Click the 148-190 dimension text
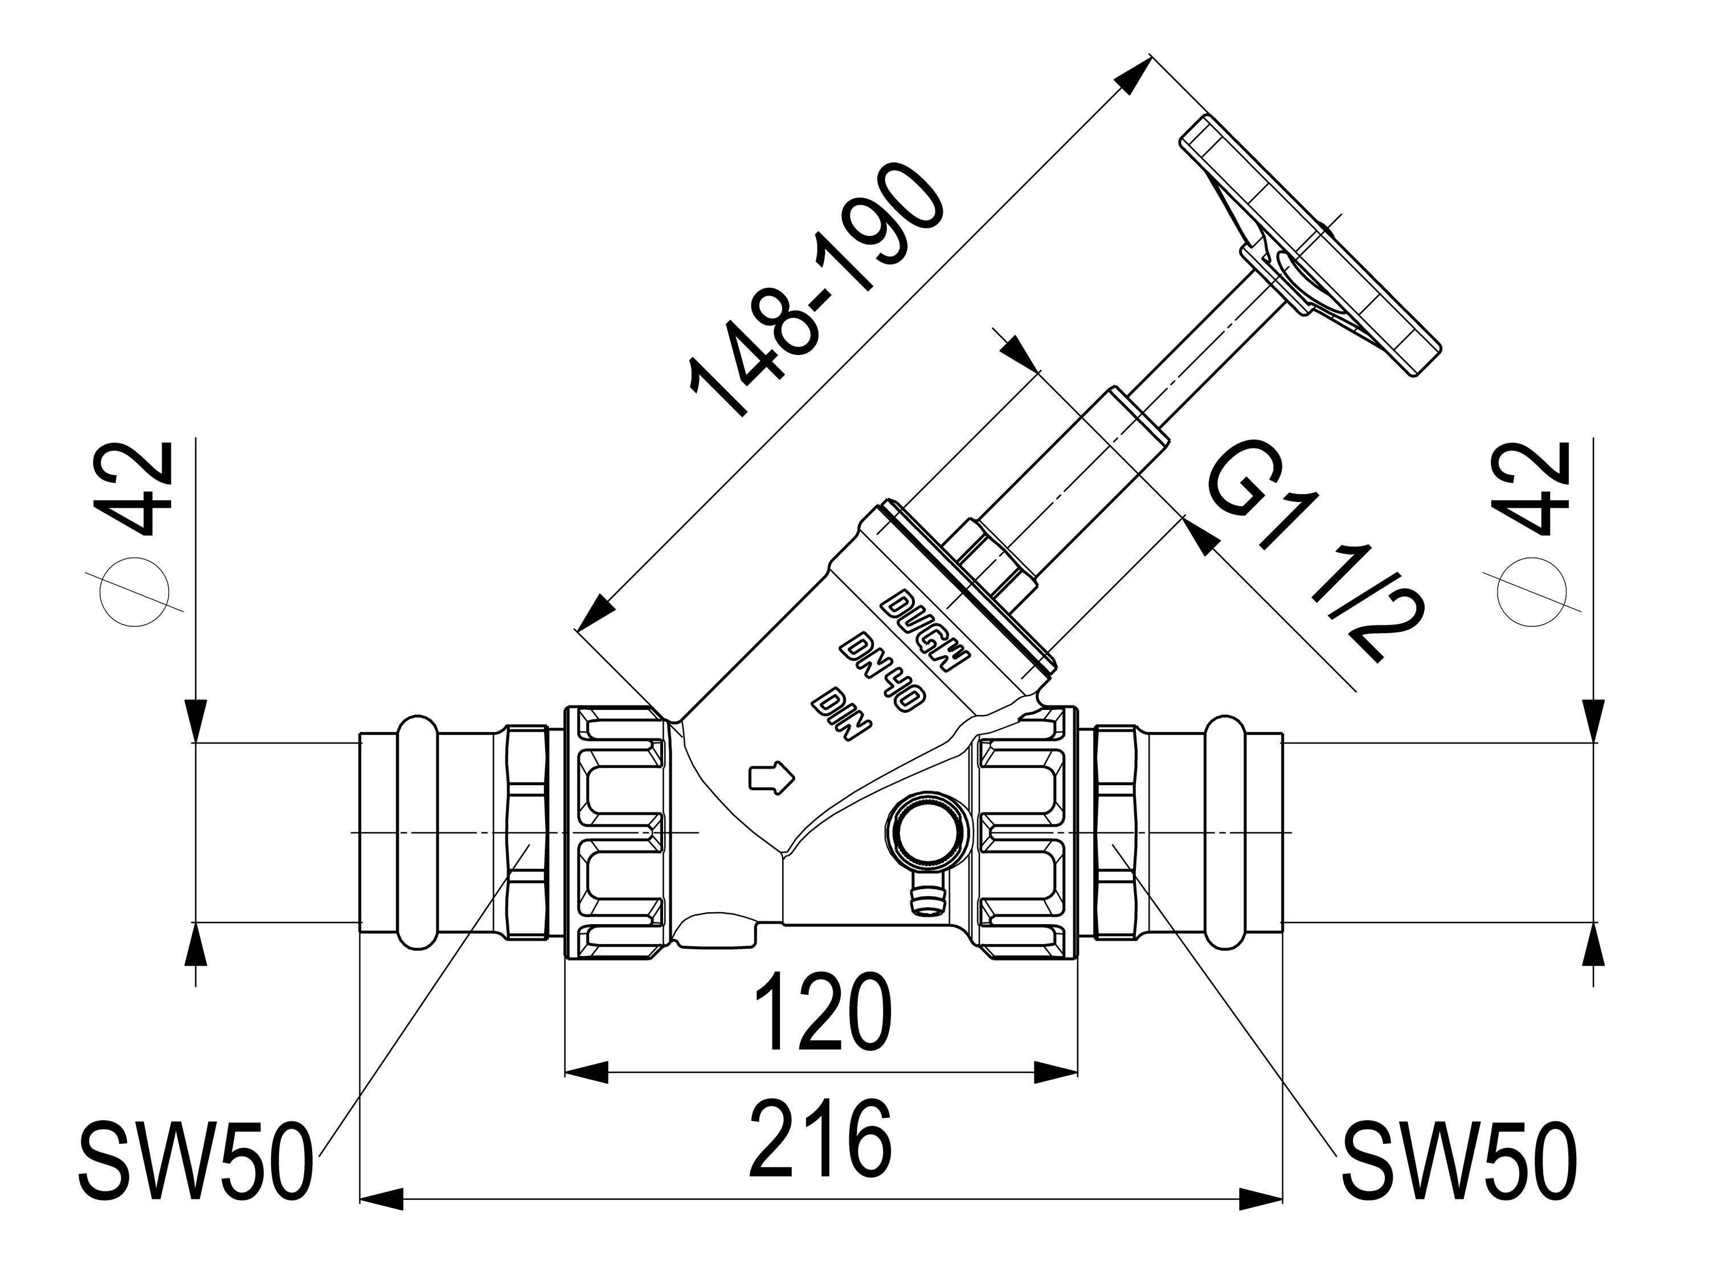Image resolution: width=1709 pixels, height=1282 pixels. [x=815, y=290]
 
